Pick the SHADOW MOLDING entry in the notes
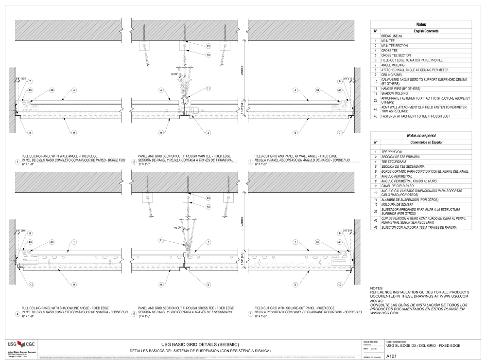click(x=394, y=93)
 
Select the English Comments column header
click(x=425, y=31)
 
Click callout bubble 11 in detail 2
click(x=208, y=89)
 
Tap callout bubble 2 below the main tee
click(x=208, y=132)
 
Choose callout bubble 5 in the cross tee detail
click(x=208, y=285)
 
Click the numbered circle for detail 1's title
click(x=17, y=162)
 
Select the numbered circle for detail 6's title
click(x=250, y=314)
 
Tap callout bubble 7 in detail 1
click(x=30, y=81)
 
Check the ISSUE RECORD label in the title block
click(x=370, y=342)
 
